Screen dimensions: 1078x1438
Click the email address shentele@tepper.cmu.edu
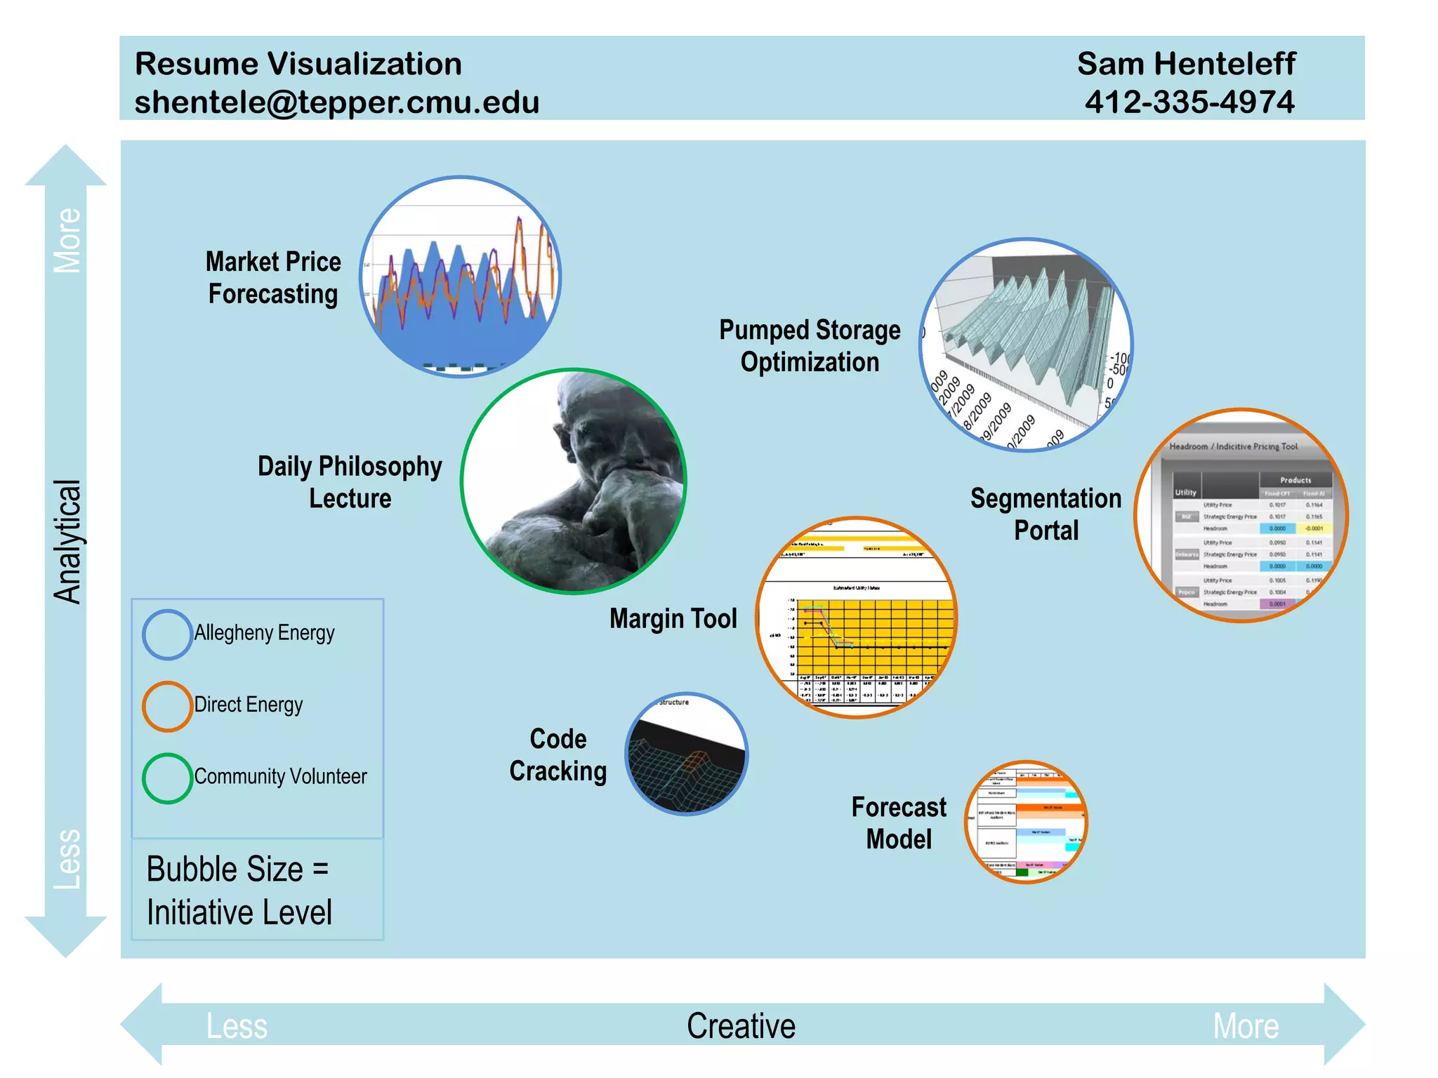(337, 102)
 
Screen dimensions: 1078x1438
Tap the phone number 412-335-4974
(1189, 102)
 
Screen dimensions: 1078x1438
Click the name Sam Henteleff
(1186, 64)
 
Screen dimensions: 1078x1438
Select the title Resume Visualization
(298, 64)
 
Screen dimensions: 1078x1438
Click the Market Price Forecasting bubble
(460, 277)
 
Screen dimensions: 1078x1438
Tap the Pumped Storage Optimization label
(810, 346)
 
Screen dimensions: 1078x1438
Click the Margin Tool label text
(673, 619)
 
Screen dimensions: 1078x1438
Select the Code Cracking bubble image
(687, 754)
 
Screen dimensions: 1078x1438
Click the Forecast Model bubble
(1026, 822)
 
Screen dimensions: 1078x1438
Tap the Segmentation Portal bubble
(1241, 515)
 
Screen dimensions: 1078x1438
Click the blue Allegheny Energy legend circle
(167, 634)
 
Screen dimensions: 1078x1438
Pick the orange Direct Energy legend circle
(167, 706)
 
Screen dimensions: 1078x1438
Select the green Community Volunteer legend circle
(167, 778)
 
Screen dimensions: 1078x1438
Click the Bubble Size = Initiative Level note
(239, 891)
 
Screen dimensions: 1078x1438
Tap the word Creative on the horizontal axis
(741, 1026)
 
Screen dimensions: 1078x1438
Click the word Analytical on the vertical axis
(68, 542)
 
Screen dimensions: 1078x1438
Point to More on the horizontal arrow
(1246, 1026)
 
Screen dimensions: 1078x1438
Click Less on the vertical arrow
(68, 859)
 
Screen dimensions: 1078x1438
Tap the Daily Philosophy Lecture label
(350, 482)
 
